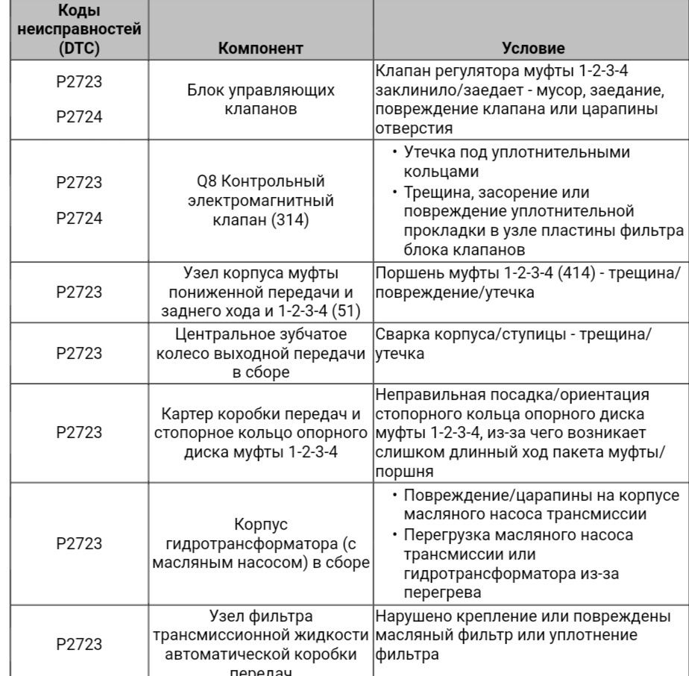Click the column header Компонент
pyautogui.click(x=260, y=48)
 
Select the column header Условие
pyautogui.click(x=533, y=48)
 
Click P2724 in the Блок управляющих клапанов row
pyautogui.click(x=79, y=117)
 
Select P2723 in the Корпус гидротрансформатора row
pyautogui.click(x=79, y=542)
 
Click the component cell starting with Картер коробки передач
pyautogui.click(x=260, y=434)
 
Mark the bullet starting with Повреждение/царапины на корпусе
pyautogui.click(x=541, y=504)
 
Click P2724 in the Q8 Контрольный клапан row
pyautogui.click(x=79, y=219)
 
